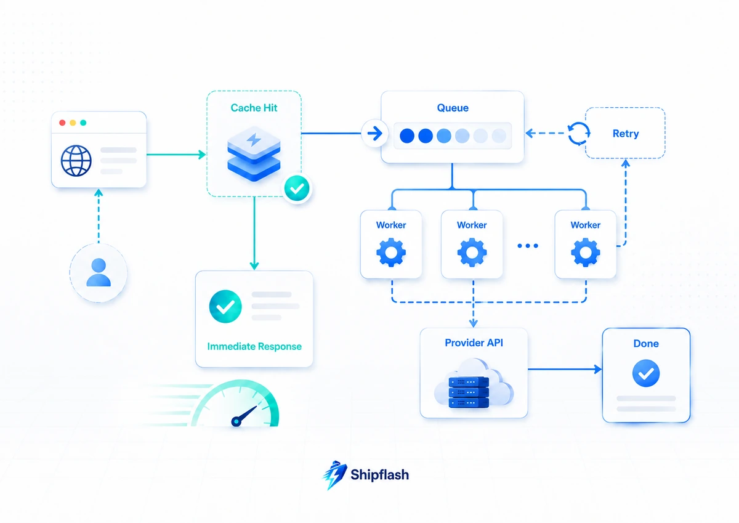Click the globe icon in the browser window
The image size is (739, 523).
[x=76, y=161]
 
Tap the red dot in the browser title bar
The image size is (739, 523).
[x=62, y=123]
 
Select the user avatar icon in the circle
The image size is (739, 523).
[x=99, y=272]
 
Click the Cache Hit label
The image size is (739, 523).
[x=254, y=108]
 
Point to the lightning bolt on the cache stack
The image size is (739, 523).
[x=254, y=140]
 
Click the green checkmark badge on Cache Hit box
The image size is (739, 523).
[x=297, y=188]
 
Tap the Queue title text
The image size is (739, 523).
[x=453, y=108]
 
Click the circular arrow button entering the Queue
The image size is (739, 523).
[x=374, y=134]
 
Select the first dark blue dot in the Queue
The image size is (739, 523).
[x=407, y=136]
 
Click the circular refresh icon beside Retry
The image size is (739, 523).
[x=579, y=134]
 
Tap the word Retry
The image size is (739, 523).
[x=626, y=134]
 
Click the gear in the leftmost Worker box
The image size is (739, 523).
[x=391, y=253]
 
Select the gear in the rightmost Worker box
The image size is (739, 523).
[x=586, y=253]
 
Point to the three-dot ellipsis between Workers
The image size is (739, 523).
[x=528, y=246]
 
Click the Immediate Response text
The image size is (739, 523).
[x=254, y=346]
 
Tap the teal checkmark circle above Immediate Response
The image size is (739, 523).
[x=225, y=306]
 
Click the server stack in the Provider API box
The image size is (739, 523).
[x=469, y=392]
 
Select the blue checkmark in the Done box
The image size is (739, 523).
[x=646, y=373]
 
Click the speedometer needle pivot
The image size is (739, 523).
[x=236, y=422]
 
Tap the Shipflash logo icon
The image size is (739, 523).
[x=334, y=475]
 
